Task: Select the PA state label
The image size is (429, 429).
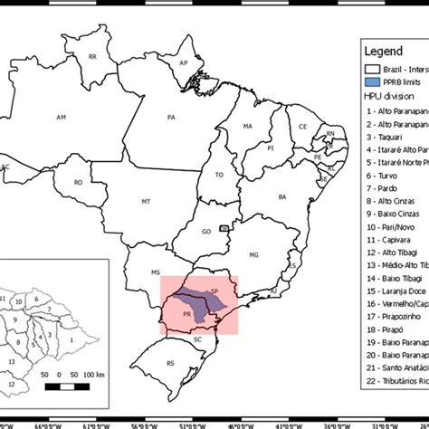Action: [x=171, y=117]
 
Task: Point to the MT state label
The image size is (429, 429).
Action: [x=146, y=199]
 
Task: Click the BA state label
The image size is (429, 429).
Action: [x=281, y=196]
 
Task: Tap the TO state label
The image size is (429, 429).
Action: [x=219, y=175]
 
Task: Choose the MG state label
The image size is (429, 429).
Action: [x=253, y=255]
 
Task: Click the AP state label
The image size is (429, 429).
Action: [x=184, y=62]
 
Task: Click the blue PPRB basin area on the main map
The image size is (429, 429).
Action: [x=194, y=299]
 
